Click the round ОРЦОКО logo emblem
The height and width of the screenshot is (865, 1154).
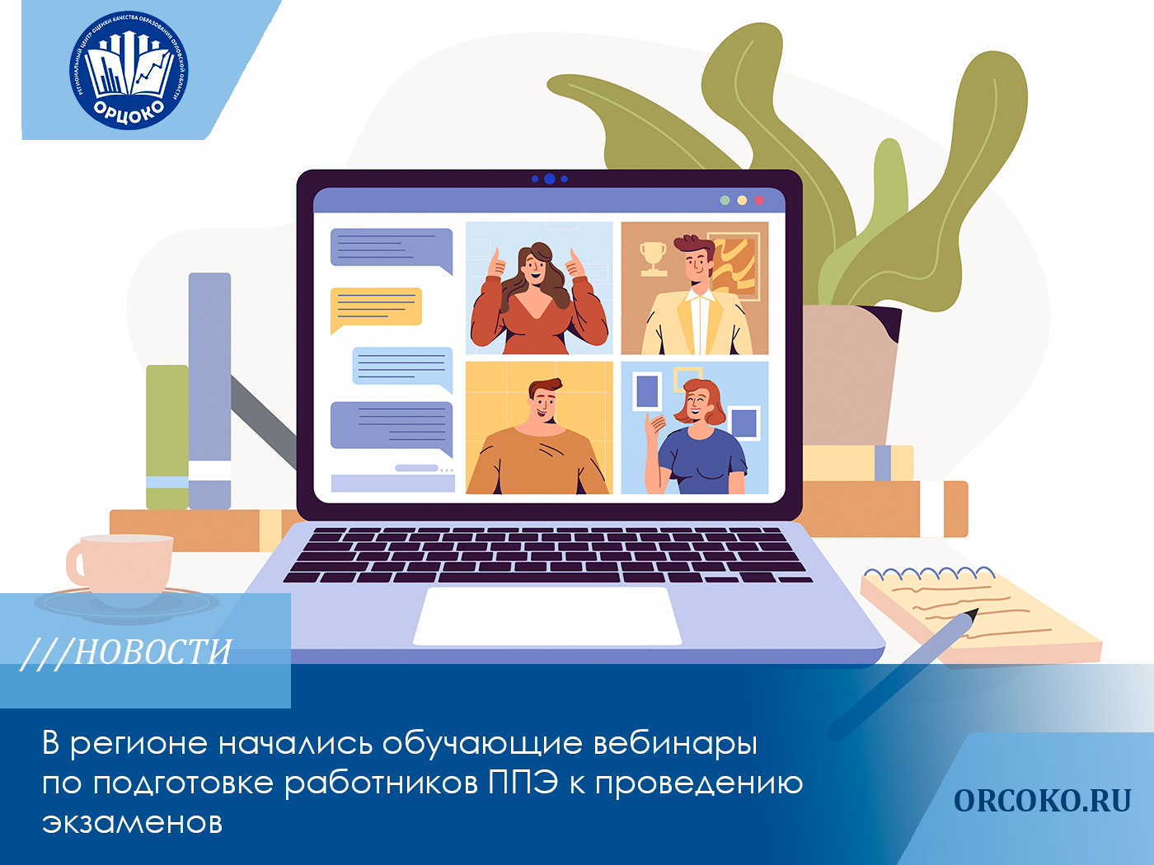(x=129, y=70)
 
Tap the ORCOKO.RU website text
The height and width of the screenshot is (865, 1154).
(x=1042, y=801)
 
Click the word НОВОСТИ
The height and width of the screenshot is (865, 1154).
(x=153, y=652)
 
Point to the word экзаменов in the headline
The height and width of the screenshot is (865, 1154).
(x=132, y=822)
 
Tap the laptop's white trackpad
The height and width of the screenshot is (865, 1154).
(x=547, y=615)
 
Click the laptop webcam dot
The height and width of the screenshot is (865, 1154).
(x=550, y=179)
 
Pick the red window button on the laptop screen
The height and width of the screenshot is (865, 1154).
(x=759, y=200)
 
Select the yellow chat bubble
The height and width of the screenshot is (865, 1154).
(x=376, y=307)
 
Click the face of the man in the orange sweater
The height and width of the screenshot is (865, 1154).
(x=544, y=403)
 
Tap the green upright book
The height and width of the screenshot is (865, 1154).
(x=167, y=437)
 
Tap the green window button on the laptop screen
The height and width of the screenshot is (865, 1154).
(x=725, y=200)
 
